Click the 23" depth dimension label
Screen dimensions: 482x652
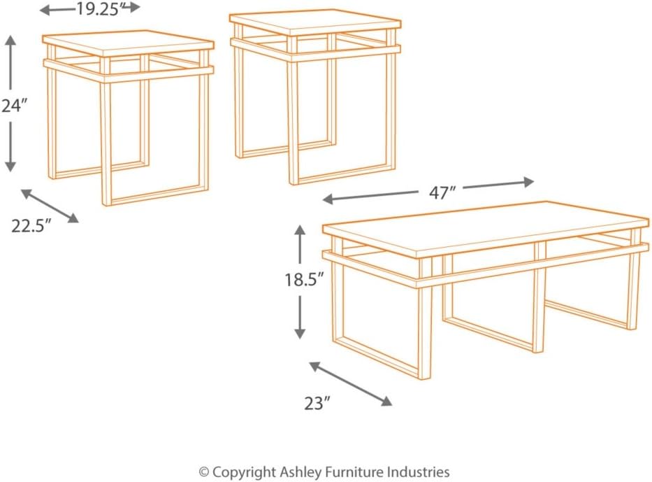[x=317, y=403]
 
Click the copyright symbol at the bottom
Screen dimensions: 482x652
[x=205, y=472]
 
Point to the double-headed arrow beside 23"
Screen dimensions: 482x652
[x=350, y=383]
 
